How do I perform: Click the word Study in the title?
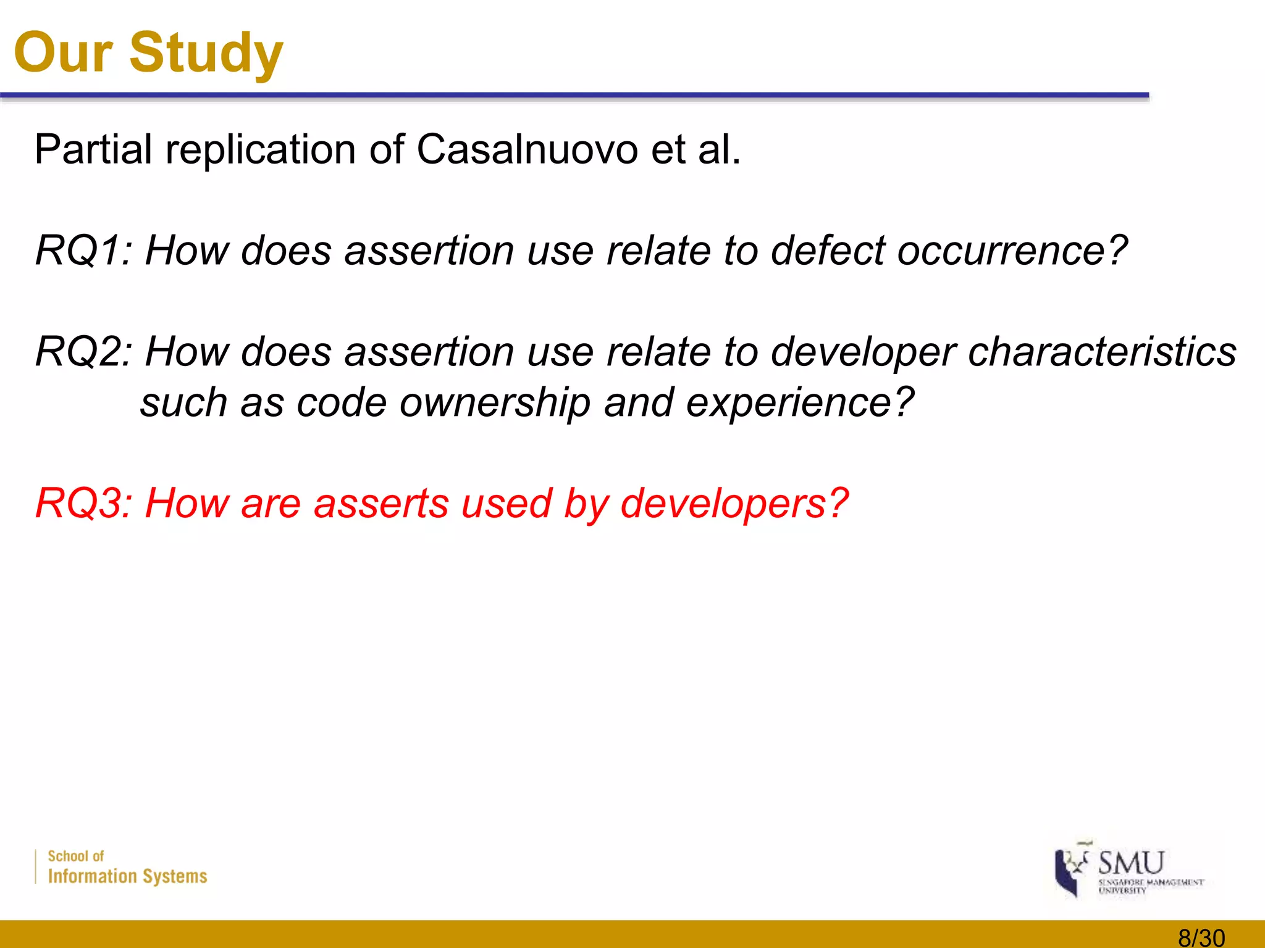(x=206, y=53)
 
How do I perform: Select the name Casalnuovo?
(x=527, y=149)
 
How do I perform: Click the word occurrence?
(x=1012, y=251)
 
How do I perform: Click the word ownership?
(x=495, y=402)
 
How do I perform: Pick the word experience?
(x=800, y=402)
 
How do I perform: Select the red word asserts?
(x=381, y=504)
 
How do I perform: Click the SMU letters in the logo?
(x=1131, y=862)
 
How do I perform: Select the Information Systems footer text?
(x=127, y=876)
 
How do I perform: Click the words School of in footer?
(x=75, y=856)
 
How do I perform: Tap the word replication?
(x=261, y=149)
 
